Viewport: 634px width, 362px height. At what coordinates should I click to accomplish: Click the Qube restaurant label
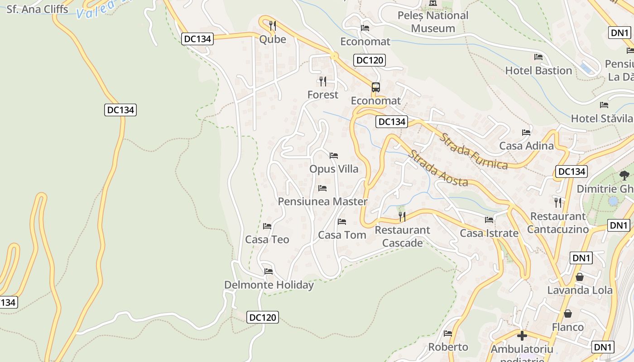point(273,39)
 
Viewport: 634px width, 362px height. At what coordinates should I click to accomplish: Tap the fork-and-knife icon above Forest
point(322,81)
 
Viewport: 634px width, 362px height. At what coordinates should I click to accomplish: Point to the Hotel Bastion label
point(538,71)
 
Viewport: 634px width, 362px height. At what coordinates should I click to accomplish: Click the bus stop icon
point(375,87)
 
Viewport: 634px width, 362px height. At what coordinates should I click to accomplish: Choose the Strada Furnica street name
point(474,151)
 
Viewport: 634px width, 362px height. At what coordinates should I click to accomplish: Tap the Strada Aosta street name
point(438,168)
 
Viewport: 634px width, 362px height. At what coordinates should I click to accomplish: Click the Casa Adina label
point(526,146)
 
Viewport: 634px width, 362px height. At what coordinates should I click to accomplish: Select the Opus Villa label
point(334,169)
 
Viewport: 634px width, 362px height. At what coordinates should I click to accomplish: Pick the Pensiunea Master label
point(322,201)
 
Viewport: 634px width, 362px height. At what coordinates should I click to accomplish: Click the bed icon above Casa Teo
point(267,226)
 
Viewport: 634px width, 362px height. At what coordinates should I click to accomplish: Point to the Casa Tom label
point(342,235)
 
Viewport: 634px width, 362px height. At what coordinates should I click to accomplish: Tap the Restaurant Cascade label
point(402,236)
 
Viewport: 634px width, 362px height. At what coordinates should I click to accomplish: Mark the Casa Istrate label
point(489,233)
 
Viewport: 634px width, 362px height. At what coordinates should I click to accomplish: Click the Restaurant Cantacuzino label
point(558,223)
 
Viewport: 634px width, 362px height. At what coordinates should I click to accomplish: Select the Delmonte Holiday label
point(269,285)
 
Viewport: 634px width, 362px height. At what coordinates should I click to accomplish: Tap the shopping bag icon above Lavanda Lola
point(580,277)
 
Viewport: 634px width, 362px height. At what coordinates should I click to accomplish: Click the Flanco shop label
point(568,327)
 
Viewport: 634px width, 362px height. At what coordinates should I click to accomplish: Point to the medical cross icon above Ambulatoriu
point(522,336)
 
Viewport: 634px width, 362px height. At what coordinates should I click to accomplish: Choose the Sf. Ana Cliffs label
point(37,9)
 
